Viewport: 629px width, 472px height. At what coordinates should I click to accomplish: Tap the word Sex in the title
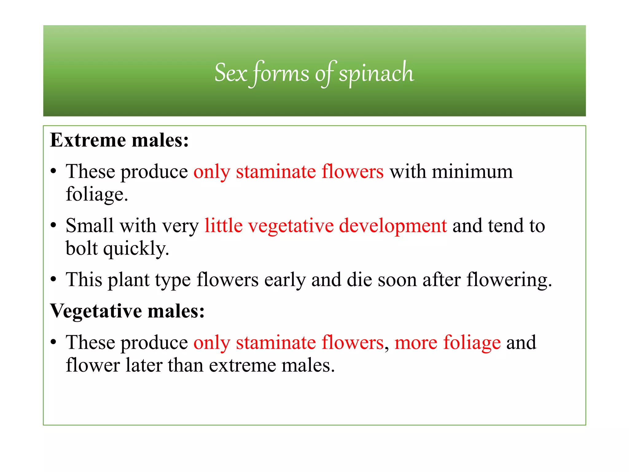pyautogui.click(x=231, y=73)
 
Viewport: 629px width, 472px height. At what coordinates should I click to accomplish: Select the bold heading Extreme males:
pyautogui.click(x=119, y=140)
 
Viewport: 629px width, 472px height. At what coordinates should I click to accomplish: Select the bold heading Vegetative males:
pyautogui.click(x=127, y=311)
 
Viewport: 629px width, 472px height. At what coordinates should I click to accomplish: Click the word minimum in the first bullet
pyautogui.click(x=472, y=172)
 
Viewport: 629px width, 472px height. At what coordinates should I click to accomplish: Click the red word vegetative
pyautogui.click(x=291, y=226)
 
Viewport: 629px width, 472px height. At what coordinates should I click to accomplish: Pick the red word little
pyautogui.click(x=223, y=225)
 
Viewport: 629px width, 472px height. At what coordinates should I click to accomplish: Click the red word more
pyautogui.click(x=416, y=343)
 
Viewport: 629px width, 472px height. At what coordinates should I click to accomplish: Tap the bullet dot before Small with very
pyautogui.click(x=54, y=226)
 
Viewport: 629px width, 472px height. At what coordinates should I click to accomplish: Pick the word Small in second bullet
pyautogui.click(x=89, y=225)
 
